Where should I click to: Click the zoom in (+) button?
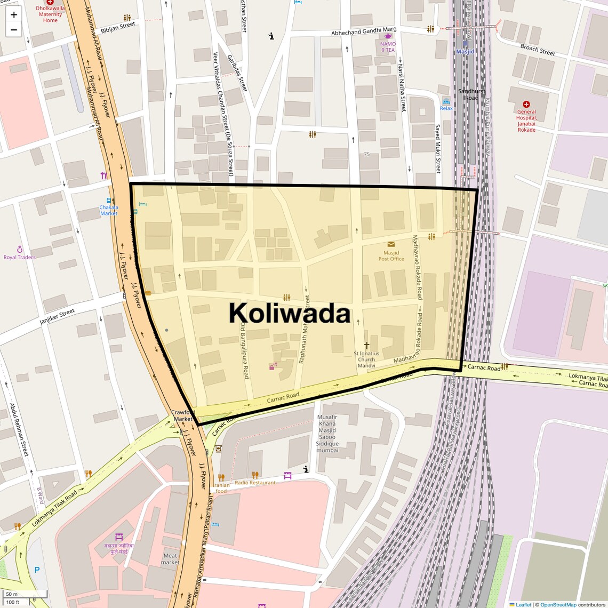click(14, 15)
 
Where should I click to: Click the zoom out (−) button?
click(14, 30)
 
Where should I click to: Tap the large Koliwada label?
click(290, 313)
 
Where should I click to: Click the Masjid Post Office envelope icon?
click(391, 245)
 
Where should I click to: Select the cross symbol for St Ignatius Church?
click(366, 345)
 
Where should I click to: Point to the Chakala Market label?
click(109, 210)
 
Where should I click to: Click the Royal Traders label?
click(20, 257)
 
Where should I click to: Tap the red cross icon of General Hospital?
click(526, 105)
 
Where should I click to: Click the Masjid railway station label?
click(465, 52)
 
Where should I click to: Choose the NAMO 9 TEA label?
click(388, 47)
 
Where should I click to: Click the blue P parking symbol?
click(37, 570)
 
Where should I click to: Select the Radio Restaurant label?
click(255, 483)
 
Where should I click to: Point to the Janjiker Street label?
click(57, 317)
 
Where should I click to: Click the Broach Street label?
click(538, 50)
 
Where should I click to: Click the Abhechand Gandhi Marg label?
click(364, 32)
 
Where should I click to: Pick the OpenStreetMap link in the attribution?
click(559, 604)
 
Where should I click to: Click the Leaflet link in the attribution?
click(523, 604)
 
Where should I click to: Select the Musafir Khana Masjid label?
click(327, 434)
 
